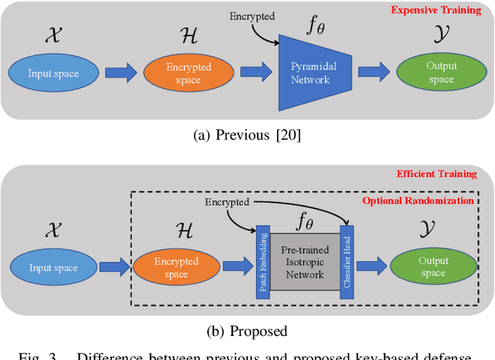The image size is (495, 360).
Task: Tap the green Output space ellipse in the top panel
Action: click(x=442, y=74)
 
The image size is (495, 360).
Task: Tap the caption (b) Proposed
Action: click(x=247, y=331)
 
